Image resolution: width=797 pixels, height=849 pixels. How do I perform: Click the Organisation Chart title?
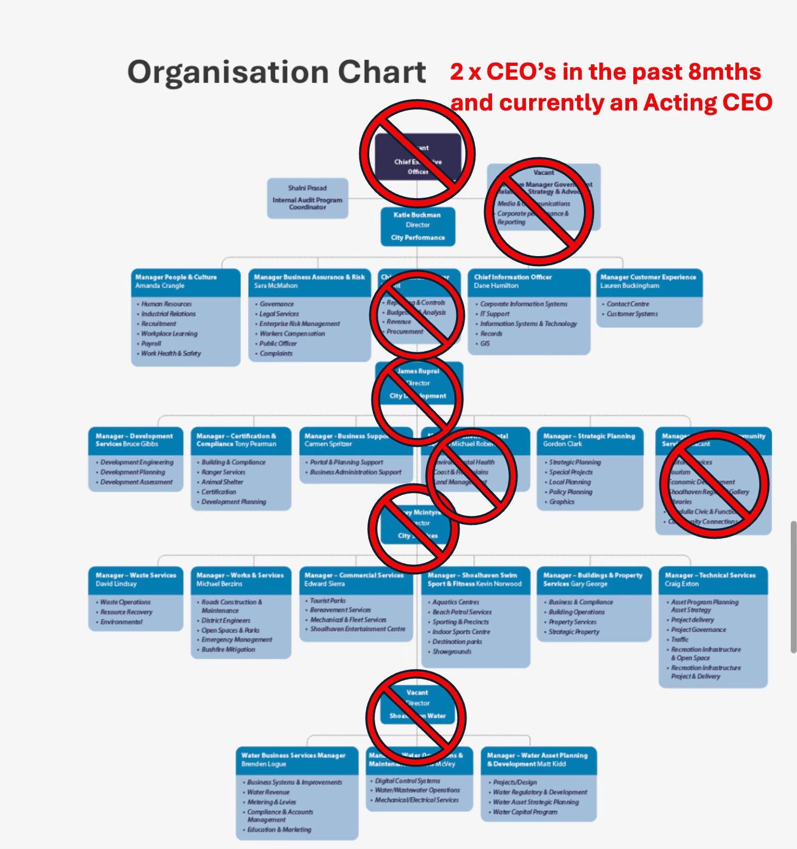[276, 72]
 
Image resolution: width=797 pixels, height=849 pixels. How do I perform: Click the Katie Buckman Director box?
[418, 226]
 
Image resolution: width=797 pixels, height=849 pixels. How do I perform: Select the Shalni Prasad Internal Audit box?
[307, 198]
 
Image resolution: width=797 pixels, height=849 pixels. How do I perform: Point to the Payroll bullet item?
[151, 344]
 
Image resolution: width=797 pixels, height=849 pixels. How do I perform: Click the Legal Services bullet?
[279, 314]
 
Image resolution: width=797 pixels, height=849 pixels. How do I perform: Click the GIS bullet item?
[485, 344]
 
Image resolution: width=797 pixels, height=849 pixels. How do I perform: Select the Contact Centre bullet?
[628, 304]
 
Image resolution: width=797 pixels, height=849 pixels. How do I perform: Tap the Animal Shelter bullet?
[222, 482]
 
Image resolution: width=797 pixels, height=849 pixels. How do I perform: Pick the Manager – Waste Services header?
[135, 579]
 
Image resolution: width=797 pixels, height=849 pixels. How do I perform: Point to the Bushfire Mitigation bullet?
[228, 650]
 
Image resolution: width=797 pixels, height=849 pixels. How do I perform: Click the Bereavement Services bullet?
[340, 610]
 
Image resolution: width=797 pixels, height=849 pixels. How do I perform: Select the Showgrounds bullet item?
[452, 651]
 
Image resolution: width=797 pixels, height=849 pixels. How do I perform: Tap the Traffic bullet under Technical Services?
[680, 640]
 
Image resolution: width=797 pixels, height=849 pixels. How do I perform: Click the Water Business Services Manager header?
[293, 759]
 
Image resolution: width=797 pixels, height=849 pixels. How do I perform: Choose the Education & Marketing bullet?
[279, 829]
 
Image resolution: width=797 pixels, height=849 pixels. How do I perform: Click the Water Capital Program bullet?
[525, 812]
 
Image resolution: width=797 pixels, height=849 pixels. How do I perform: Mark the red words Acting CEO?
[708, 103]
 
